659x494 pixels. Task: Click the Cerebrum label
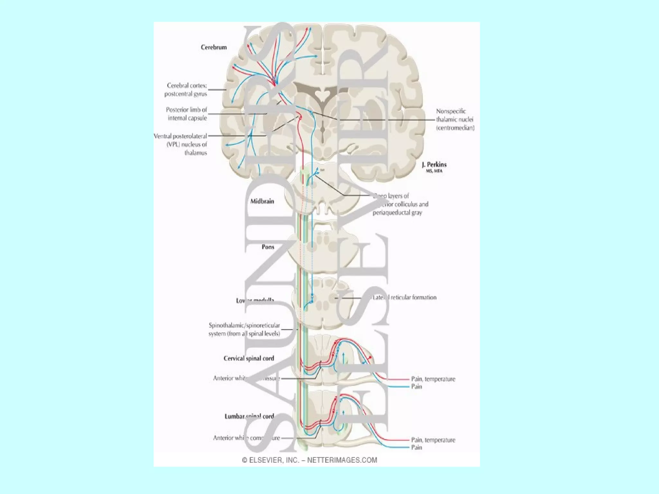coord(214,47)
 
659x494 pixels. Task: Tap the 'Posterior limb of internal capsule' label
coord(187,114)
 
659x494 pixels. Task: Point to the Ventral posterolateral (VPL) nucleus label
coord(181,144)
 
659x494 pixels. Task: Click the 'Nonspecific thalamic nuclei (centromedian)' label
coord(455,119)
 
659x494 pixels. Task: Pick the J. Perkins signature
coord(434,166)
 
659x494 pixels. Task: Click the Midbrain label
coord(262,201)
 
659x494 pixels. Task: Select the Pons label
coord(268,247)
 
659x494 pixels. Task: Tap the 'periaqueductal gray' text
coord(397,213)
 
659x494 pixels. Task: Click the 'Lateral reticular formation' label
coord(404,297)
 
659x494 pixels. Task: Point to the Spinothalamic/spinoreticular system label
coord(244,329)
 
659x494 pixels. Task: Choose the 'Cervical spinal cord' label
coord(249,358)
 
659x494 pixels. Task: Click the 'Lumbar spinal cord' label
coord(249,416)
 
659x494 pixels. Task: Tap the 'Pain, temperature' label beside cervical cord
coord(433,379)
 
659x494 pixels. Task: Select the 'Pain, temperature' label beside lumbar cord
coord(433,440)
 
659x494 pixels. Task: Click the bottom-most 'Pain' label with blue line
coord(416,447)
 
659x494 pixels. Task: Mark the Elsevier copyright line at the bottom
coord(310,460)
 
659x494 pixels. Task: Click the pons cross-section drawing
coord(322,249)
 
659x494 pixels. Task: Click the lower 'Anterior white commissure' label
coord(246,438)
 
